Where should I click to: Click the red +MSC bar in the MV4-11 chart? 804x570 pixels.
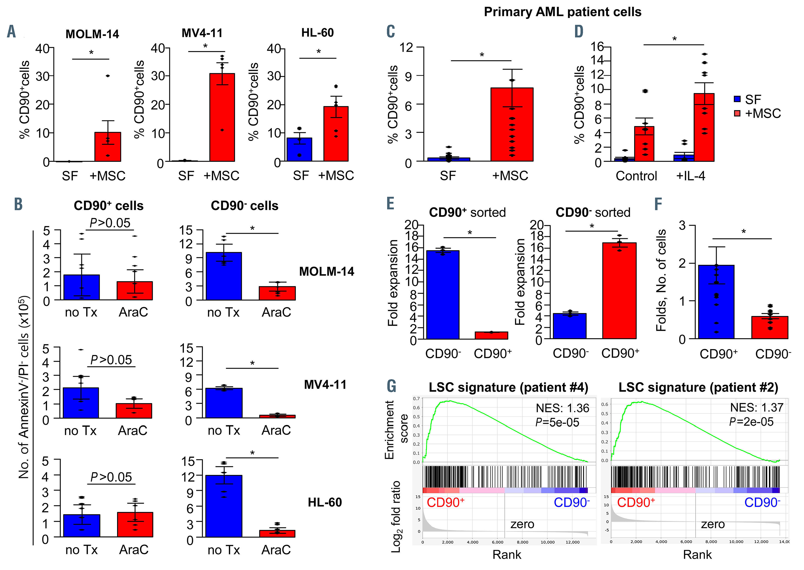pyautogui.click(x=222, y=117)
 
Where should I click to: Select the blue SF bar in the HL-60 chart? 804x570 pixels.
pyautogui.click(x=299, y=149)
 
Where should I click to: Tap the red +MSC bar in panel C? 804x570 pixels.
pyautogui.click(x=512, y=124)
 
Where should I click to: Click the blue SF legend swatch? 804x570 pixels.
pyautogui.click(x=737, y=99)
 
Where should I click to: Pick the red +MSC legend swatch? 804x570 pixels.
pyautogui.click(x=737, y=113)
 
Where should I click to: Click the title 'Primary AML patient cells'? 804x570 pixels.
pyautogui.click(x=562, y=12)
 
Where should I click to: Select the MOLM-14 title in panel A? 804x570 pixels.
pyautogui.click(x=92, y=34)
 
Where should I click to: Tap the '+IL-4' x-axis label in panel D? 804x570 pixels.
pyautogui.click(x=690, y=176)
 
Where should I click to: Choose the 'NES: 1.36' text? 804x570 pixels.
pyautogui.click(x=562, y=408)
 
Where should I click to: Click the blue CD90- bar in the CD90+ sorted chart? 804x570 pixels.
pyautogui.click(x=443, y=294)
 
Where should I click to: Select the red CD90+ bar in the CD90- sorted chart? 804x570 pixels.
pyautogui.click(x=619, y=291)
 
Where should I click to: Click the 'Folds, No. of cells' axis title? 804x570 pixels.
pyautogui.click(x=661, y=280)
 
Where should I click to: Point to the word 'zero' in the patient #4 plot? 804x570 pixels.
pyautogui.click(x=522, y=524)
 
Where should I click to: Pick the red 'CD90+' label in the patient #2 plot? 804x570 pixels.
pyautogui.click(x=636, y=502)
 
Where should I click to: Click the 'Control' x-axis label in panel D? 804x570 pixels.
pyautogui.click(x=636, y=176)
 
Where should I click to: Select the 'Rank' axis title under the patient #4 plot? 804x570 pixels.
pyautogui.click(x=507, y=555)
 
